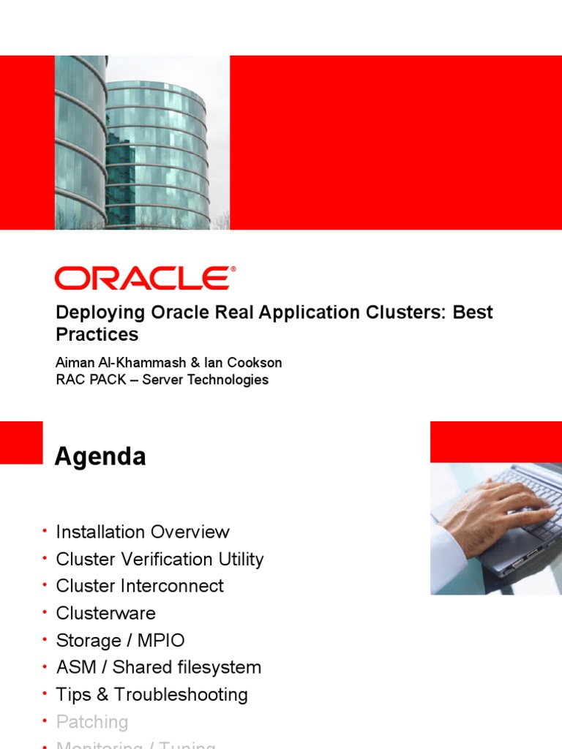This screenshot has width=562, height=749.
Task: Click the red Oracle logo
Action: (x=145, y=279)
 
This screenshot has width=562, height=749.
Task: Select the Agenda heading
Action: (x=100, y=457)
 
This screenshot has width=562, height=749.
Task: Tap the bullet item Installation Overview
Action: (x=143, y=532)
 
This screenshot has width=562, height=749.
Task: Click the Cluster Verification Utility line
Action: (x=160, y=560)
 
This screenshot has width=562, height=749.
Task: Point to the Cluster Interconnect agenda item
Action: (x=140, y=586)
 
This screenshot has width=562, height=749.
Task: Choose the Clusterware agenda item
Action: (x=105, y=613)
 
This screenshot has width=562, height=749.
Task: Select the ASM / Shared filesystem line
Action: (x=158, y=668)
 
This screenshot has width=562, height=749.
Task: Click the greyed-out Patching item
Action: (x=91, y=722)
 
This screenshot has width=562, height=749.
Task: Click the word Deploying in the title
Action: (x=101, y=312)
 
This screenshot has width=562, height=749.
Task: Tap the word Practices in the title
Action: (x=97, y=334)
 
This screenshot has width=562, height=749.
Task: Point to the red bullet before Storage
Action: (x=45, y=639)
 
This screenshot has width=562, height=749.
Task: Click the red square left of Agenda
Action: (x=21, y=443)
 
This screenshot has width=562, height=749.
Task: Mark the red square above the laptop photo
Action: (x=495, y=442)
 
